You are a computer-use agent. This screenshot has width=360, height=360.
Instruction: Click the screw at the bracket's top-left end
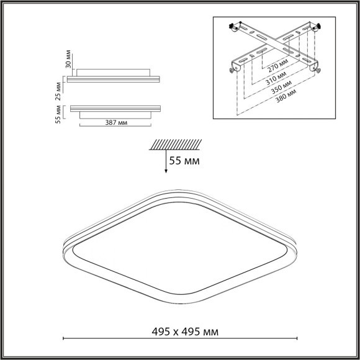click(x=236, y=27)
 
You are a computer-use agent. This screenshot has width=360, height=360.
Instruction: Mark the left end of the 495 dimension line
click(x=65, y=339)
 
